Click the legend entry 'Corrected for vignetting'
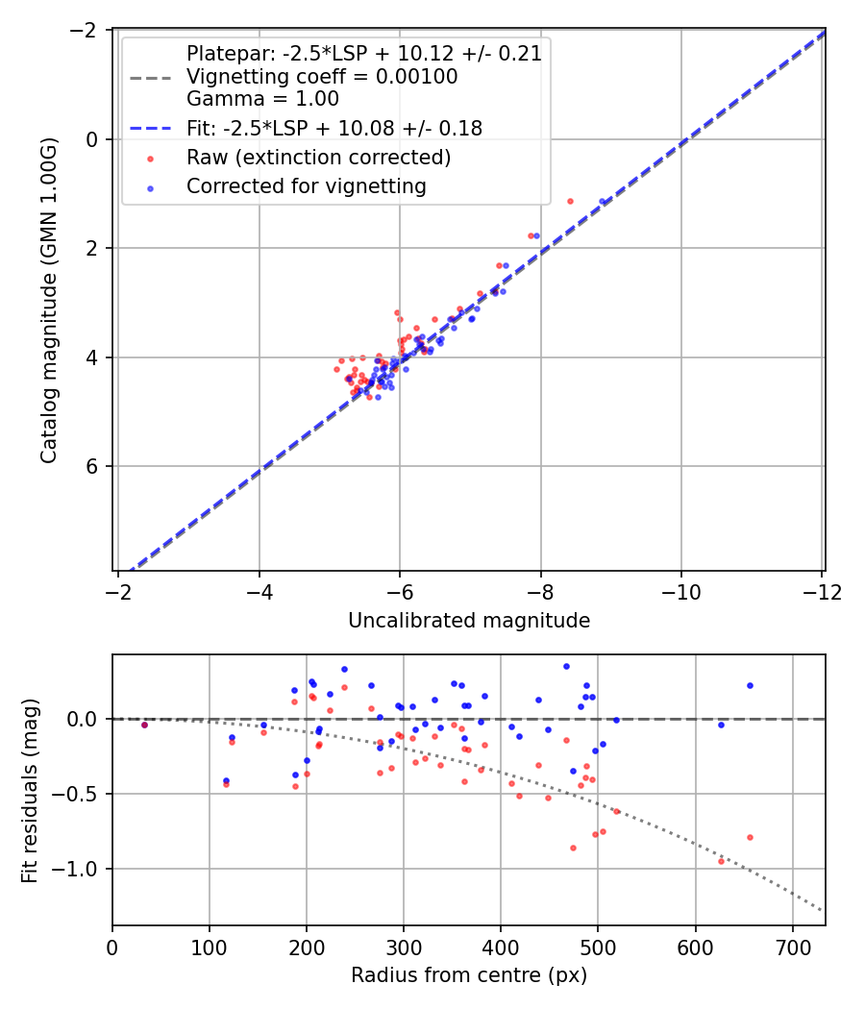coord(307,186)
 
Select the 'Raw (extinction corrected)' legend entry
coord(319,157)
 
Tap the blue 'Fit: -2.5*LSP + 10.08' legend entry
coord(334,128)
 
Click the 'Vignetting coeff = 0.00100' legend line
coord(322,76)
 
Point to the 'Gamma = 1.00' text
coord(262,99)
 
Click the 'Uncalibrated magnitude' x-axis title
coord(469,621)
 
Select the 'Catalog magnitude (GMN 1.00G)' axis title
coord(49,301)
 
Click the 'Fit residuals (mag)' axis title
coord(30,790)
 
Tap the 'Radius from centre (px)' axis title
coord(469,975)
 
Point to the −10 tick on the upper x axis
coord(680,591)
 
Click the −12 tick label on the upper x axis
coord(822,591)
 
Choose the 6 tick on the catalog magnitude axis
coord(93,466)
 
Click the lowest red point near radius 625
coord(721,861)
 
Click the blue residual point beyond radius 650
coord(750,685)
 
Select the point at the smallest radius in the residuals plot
coord(144,725)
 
